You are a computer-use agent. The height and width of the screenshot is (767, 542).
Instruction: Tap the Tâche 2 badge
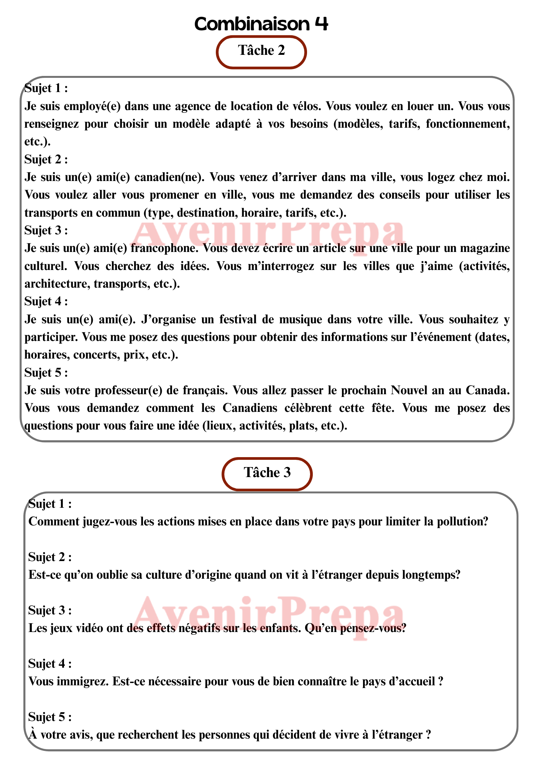coord(261,51)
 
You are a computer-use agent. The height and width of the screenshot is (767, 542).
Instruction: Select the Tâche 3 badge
coord(267,473)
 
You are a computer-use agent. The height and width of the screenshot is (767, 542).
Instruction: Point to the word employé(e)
coord(92,106)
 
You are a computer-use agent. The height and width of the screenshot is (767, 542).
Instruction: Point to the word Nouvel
coord(409,390)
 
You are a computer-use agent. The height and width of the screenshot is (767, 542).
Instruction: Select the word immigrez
coord(79,682)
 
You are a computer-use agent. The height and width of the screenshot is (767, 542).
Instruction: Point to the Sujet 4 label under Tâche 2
coord(46,302)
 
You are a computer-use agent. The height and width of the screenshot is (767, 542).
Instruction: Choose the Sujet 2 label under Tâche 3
coord(50,558)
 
